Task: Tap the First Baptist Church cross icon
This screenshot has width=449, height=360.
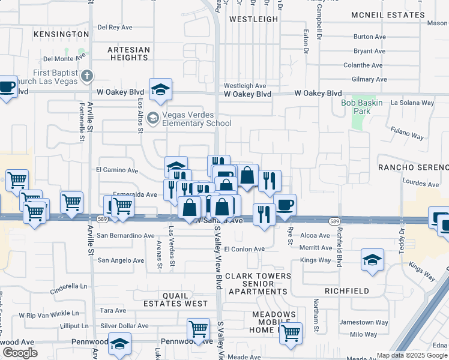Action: point(88,76)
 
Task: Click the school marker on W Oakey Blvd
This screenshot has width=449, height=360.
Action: point(161,89)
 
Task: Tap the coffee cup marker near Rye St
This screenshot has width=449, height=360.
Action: point(286,205)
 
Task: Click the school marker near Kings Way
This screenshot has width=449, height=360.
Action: point(372,260)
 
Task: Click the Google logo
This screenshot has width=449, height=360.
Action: point(20,353)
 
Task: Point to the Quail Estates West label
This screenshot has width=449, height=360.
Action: point(185,299)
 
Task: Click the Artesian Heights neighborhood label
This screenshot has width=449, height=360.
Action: point(128,53)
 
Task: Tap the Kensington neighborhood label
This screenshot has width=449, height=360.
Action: point(57,34)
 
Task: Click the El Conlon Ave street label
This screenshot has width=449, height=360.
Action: point(244,249)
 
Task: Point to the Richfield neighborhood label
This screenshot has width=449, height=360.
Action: point(346,290)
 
